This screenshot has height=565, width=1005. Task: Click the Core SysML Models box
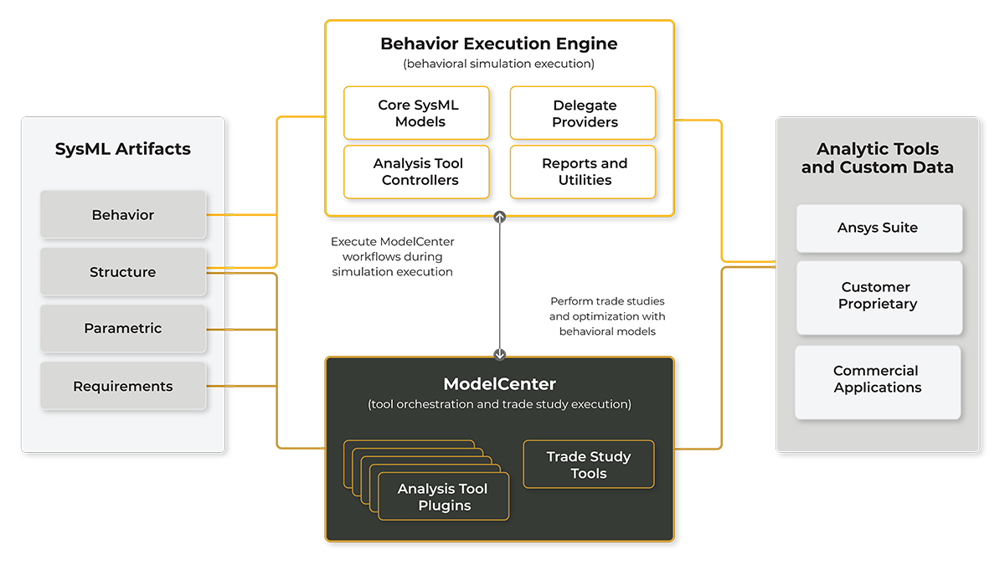(x=416, y=113)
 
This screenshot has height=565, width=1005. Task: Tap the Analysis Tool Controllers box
(x=416, y=172)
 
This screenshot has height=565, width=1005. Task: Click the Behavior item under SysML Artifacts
(x=123, y=215)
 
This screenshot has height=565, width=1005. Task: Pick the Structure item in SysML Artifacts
(x=123, y=272)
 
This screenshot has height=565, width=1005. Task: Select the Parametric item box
(x=123, y=328)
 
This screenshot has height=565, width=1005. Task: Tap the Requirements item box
(x=123, y=386)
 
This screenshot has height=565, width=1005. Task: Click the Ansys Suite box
(x=878, y=228)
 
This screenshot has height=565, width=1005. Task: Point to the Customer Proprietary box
(x=878, y=295)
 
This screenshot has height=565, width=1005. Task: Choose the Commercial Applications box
(x=878, y=379)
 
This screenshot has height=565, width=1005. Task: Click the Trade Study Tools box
(x=588, y=465)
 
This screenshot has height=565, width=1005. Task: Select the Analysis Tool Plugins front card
(x=444, y=497)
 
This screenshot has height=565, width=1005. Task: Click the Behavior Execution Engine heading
(x=499, y=44)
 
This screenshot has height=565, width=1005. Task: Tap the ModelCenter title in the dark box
(x=499, y=384)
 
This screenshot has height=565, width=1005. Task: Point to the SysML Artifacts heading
(x=123, y=149)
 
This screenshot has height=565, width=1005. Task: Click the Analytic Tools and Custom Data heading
(x=877, y=157)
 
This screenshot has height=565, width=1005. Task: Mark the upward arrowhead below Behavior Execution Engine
(x=500, y=217)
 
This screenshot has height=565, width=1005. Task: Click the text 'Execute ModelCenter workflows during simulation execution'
(x=392, y=256)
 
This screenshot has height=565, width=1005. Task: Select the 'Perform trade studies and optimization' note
(x=607, y=316)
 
